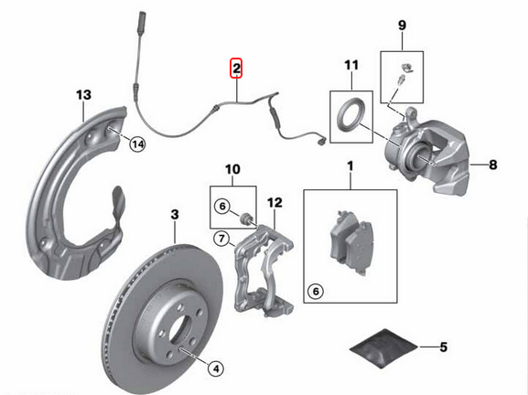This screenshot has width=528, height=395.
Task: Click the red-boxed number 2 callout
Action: tap(236, 69)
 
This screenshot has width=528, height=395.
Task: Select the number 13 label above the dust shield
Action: tap(83, 95)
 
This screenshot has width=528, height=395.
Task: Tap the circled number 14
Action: tap(137, 143)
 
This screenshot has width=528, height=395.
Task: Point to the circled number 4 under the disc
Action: tap(215, 369)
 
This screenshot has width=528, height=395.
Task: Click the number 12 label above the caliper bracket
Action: tap(274, 202)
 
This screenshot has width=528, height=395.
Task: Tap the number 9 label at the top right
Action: tap(401, 27)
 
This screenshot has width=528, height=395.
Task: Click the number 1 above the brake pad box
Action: tap(349, 167)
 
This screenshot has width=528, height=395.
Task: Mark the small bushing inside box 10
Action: tap(245, 217)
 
